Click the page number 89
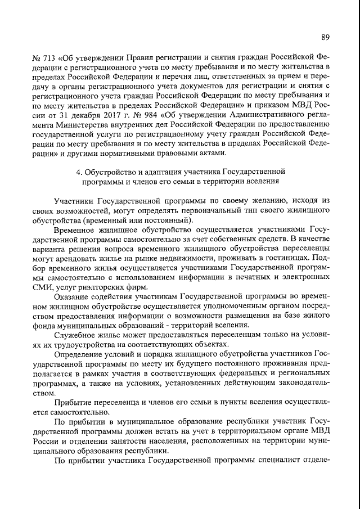[325, 37]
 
